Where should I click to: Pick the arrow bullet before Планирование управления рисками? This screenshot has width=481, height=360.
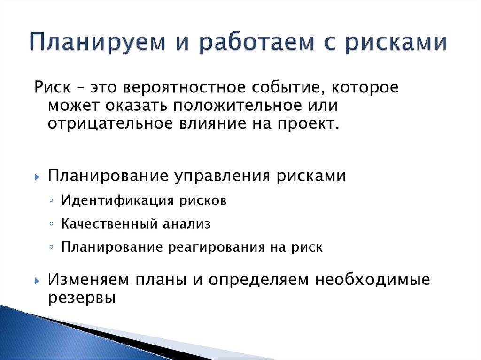point(37,177)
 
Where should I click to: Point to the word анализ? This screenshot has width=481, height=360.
point(187,224)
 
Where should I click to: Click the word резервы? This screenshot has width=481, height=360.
point(81,298)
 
